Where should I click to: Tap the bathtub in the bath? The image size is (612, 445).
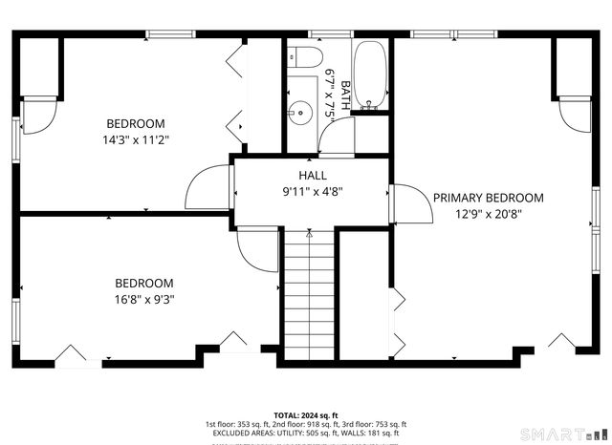tap(369, 75)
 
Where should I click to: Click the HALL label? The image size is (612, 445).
tap(313, 176)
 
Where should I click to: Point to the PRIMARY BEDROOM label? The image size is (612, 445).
tap(488, 199)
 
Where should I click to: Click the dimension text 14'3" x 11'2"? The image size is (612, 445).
tap(135, 139)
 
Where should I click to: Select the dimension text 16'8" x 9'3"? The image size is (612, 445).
tap(144, 299)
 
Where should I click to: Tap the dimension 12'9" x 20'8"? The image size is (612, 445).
tap(488, 215)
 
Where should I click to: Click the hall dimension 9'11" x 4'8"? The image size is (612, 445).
tap(313, 191)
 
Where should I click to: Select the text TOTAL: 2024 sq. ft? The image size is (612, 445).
tap(305, 415)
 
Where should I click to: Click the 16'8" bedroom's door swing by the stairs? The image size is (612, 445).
tap(256, 250)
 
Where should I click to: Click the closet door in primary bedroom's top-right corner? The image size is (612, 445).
tap(574, 115)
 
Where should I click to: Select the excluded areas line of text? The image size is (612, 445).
tap(305, 434)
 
